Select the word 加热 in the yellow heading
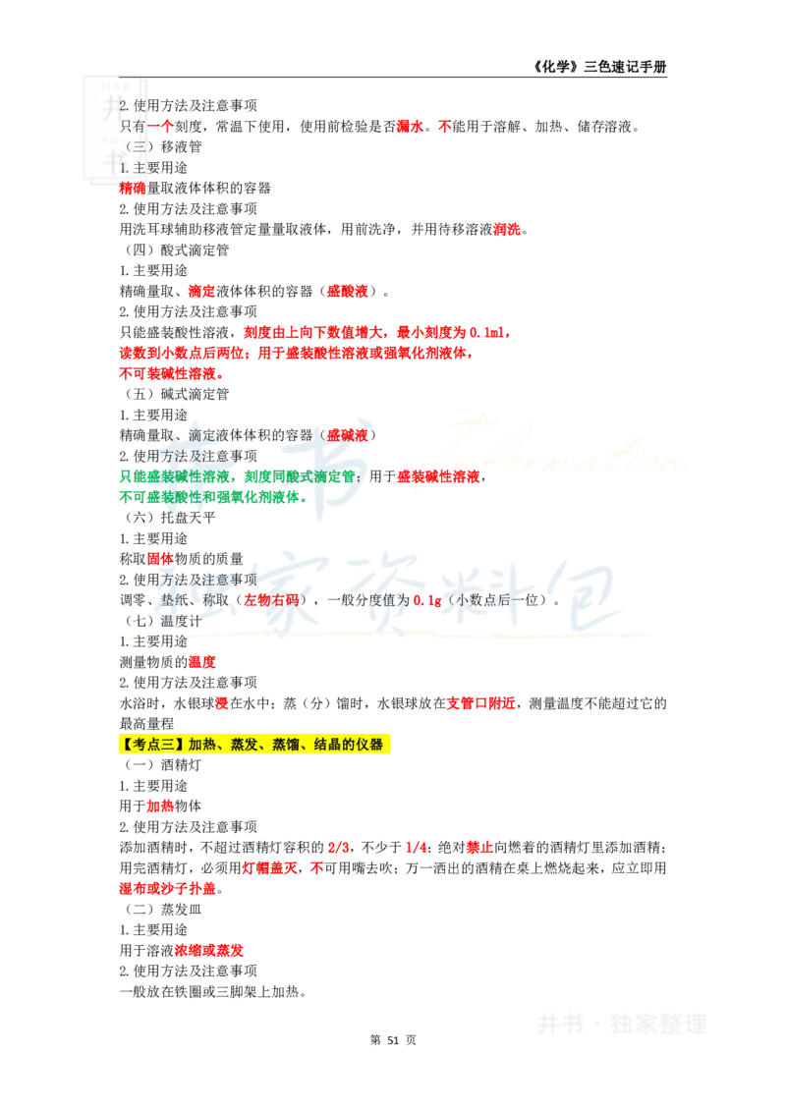click(x=200, y=745)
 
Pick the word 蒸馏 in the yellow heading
click(x=284, y=745)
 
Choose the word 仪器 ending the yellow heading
click(x=373, y=745)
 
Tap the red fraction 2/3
click(x=339, y=848)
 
